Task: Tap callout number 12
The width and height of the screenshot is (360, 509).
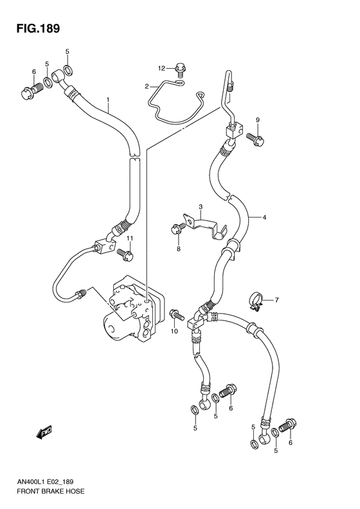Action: click(x=162, y=68)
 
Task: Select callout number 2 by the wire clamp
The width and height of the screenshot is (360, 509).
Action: click(x=147, y=86)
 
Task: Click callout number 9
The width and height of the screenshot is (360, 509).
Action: click(x=257, y=120)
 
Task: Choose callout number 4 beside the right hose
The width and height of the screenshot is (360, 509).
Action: click(x=263, y=217)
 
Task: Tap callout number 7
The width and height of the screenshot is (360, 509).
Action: click(x=277, y=300)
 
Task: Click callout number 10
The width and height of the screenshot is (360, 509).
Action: click(x=173, y=331)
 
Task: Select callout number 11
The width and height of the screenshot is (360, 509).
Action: click(x=129, y=239)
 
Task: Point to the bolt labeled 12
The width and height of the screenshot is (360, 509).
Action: click(x=181, y=67)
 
